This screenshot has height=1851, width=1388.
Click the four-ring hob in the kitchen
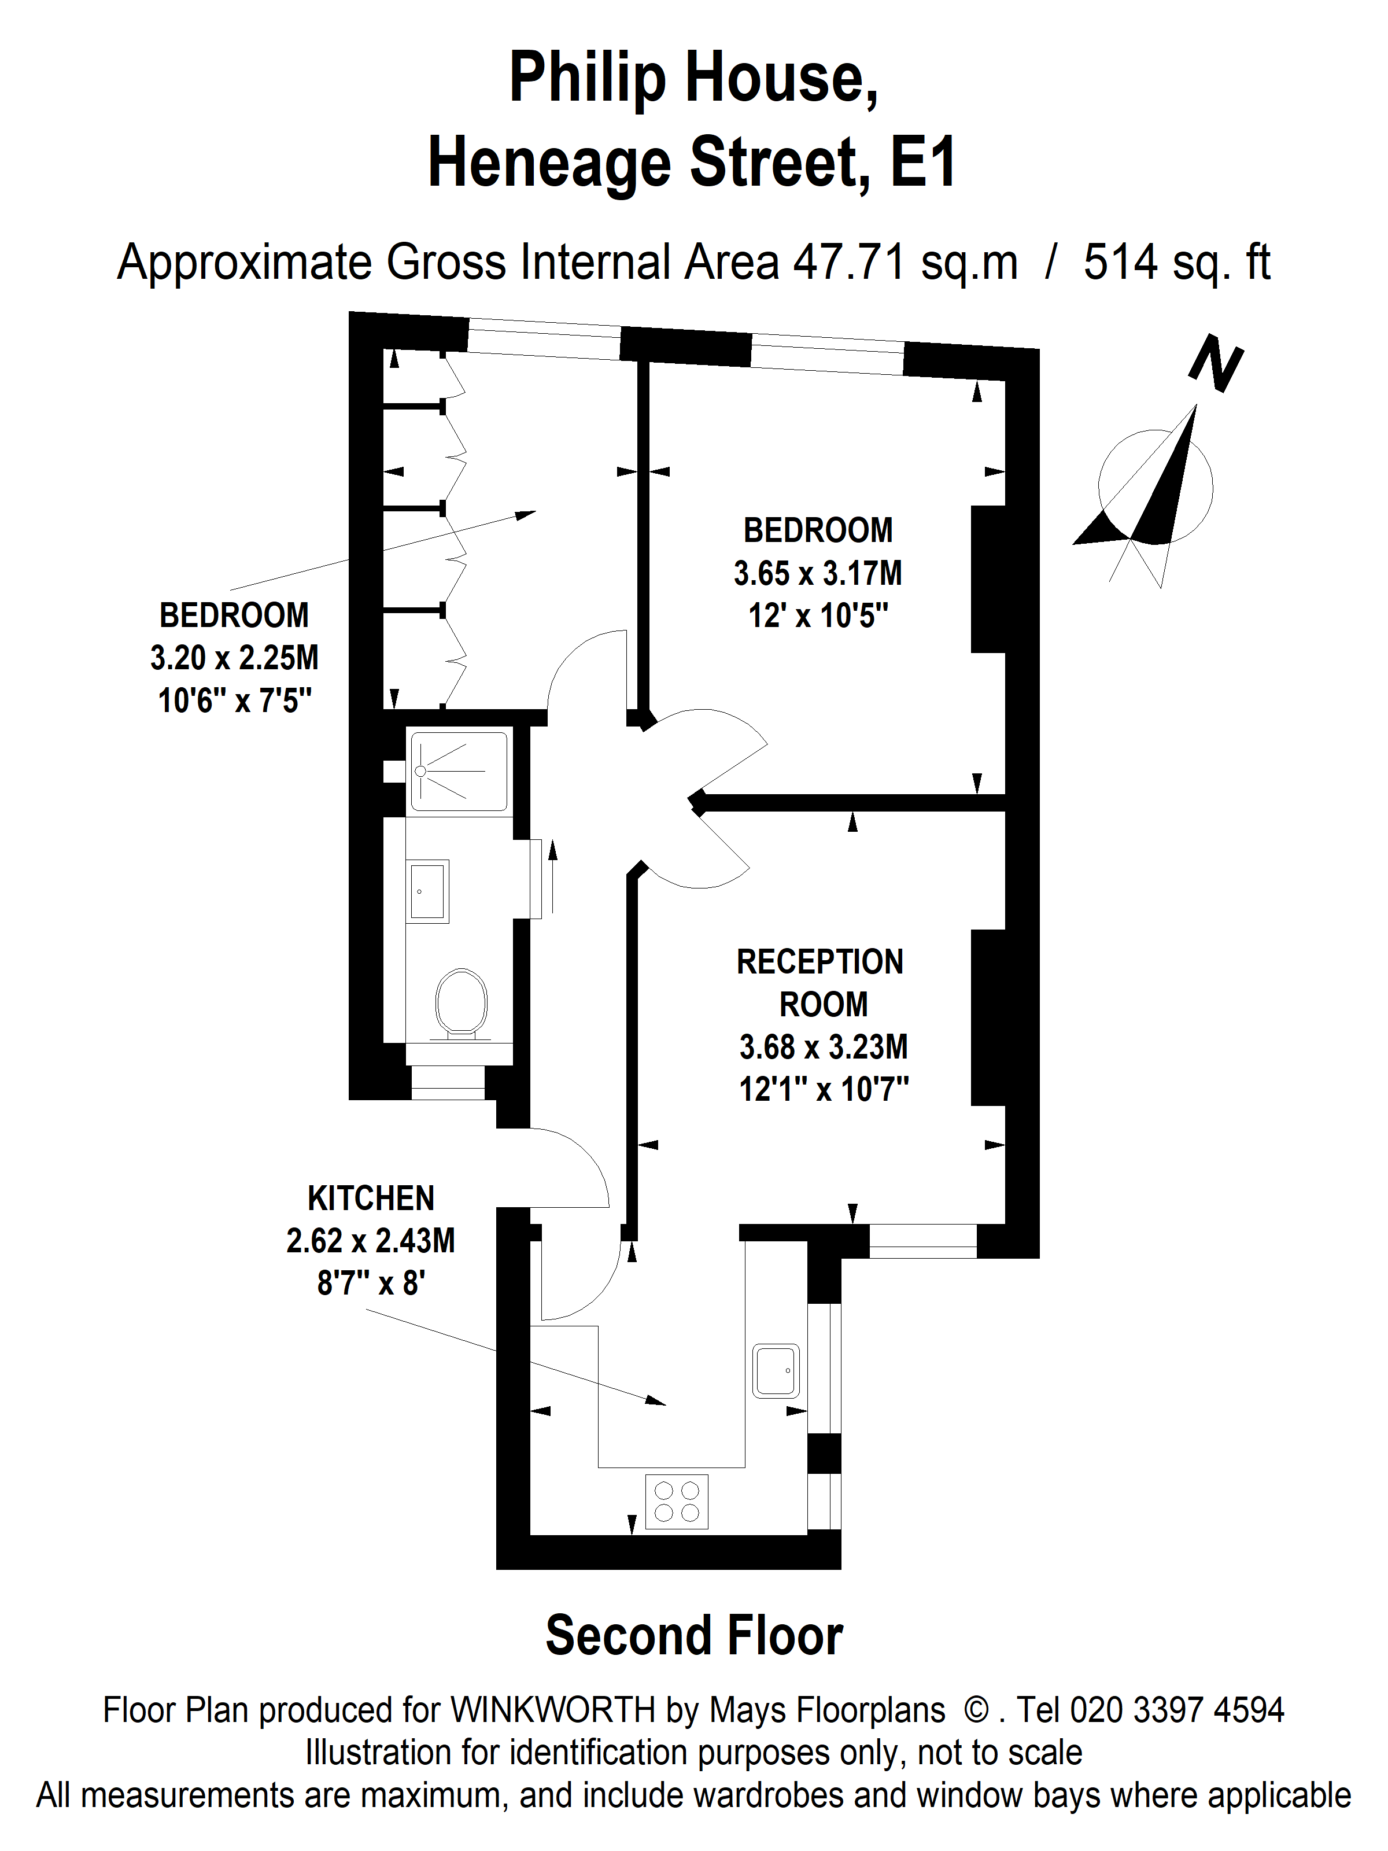tap(677, 1501)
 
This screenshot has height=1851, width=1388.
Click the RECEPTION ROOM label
tap(821, 983)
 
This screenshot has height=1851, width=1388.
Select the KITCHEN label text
tap(371, 1199)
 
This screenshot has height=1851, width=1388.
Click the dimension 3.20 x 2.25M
tap(234, 658)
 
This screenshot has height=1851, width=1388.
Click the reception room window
tap(923, 1241)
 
